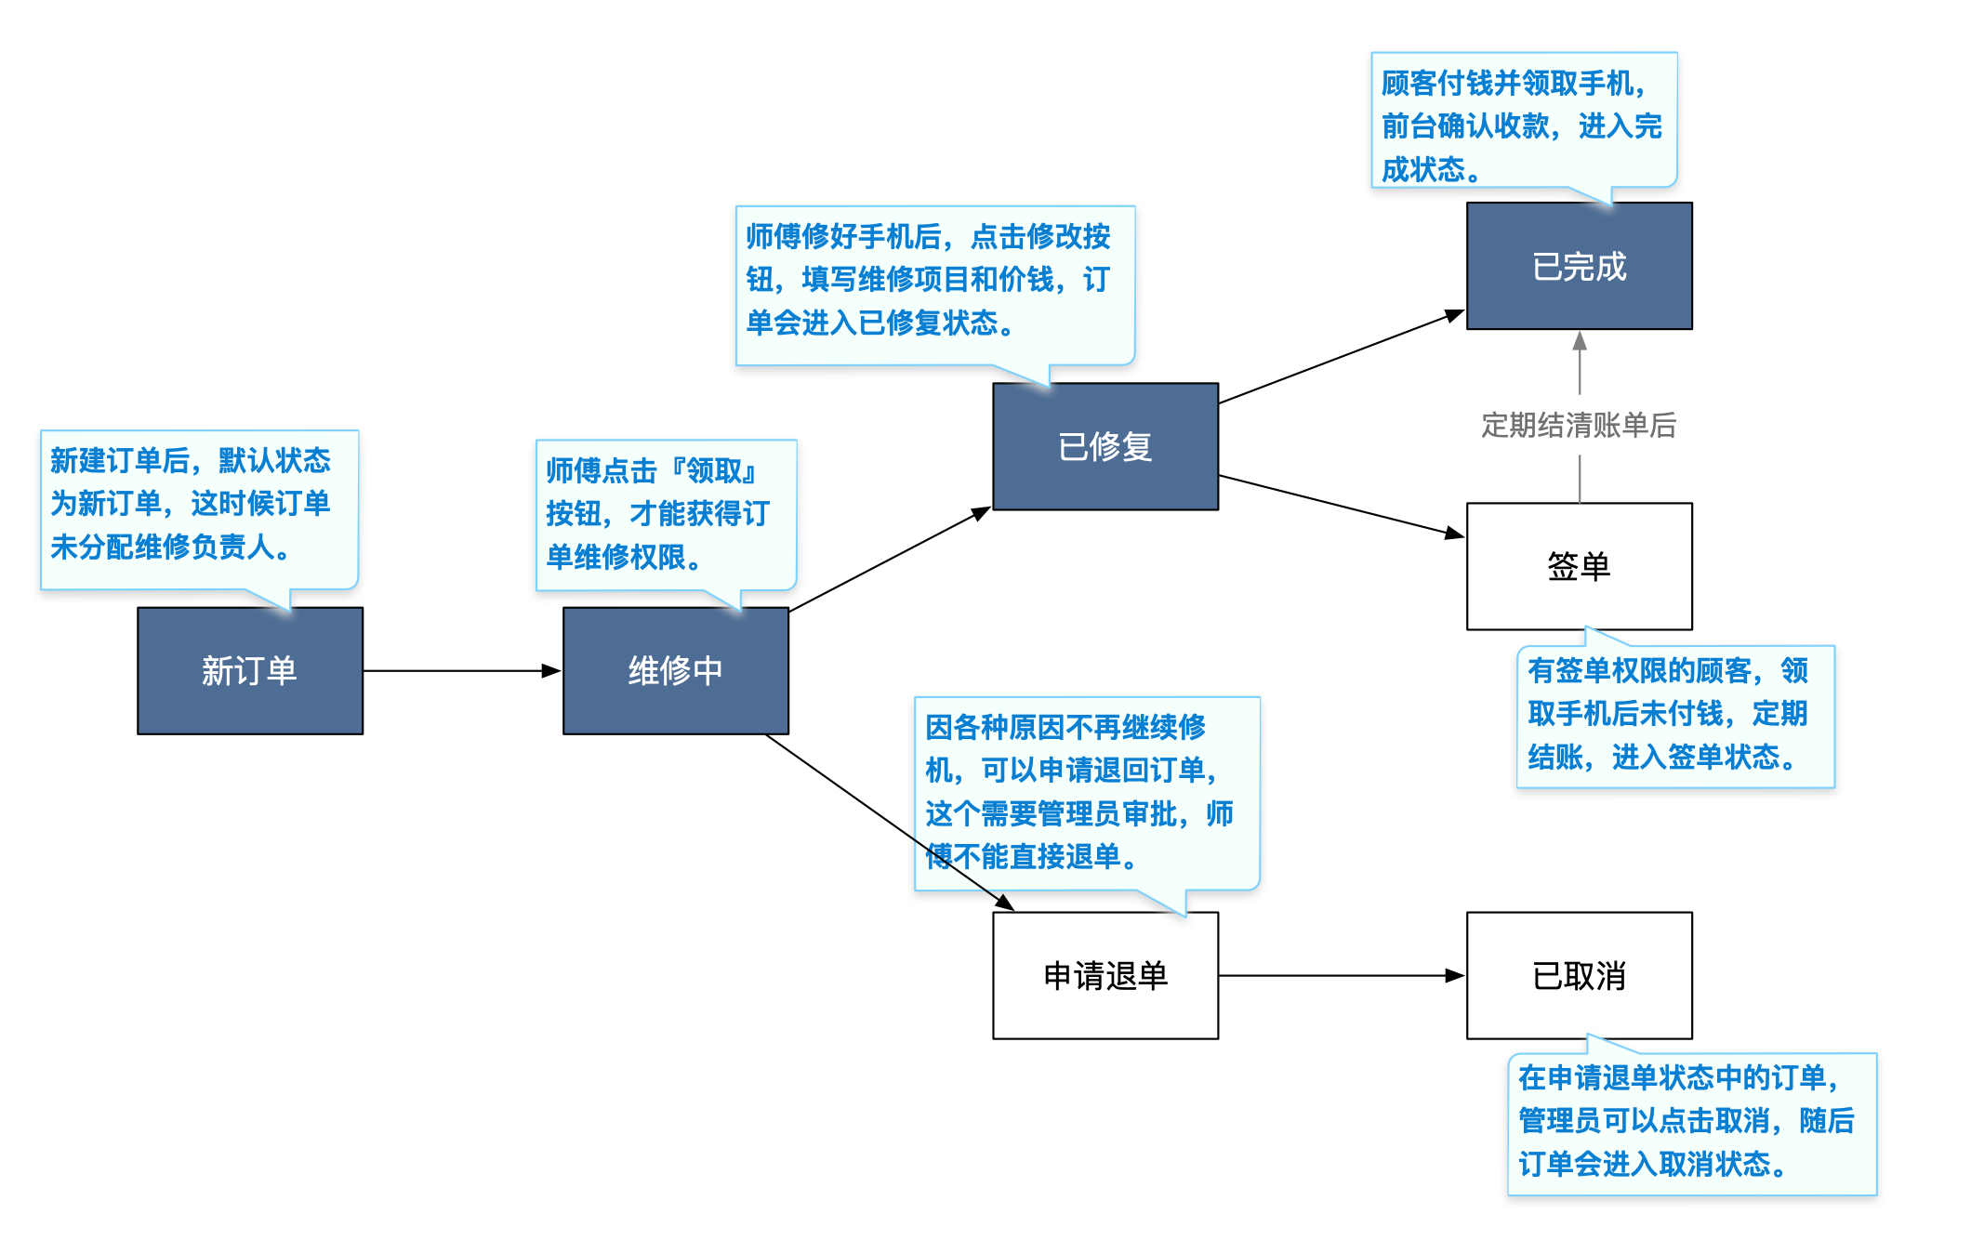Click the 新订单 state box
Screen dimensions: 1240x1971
249,670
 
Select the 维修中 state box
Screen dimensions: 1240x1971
675,670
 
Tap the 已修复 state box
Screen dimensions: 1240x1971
1105,446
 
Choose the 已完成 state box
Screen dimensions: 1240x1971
1579,266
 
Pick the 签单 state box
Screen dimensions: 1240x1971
1579,566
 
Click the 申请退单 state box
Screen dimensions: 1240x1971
1105,975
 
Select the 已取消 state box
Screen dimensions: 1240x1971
1579,975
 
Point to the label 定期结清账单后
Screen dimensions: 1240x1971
1579,426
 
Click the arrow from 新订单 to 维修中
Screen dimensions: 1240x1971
461,670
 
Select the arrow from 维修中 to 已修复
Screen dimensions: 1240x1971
889,560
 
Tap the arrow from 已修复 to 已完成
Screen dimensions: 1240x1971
1341,358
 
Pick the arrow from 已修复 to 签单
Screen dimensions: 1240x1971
1341,506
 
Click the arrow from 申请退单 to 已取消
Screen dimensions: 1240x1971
1341,975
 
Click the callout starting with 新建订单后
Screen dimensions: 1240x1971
198,507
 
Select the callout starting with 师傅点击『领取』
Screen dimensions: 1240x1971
666,514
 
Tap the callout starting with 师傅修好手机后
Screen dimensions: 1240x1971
934,284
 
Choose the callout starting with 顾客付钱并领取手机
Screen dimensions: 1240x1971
1523,121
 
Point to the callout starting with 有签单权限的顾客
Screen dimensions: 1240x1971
1674,716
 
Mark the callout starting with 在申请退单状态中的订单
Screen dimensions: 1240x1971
1691,1123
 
